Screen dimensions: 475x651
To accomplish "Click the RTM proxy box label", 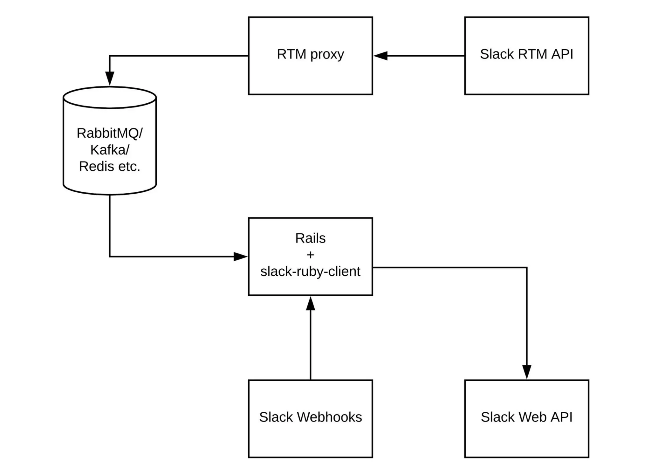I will (x=310, y=54).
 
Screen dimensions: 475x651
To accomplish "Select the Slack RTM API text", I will (x=526, y=54).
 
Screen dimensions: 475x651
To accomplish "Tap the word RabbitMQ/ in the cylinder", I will (x=110, y=133).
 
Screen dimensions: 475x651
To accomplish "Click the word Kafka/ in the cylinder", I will (x=110, y=150).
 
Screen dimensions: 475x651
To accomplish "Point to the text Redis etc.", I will (x=110, y=167).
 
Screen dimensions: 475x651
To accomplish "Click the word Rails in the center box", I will (x=310, y=238).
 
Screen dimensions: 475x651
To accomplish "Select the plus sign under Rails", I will (x=310, y=255).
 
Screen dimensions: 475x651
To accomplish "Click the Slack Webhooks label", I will (x=310, y=417).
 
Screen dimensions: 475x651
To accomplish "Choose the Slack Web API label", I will (x=526, y=417).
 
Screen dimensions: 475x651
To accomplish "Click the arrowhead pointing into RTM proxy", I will (x=381, y=56).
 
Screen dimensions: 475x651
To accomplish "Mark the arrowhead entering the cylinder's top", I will (x=110, y=79).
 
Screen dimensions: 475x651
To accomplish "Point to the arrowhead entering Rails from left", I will (x=240, y=256).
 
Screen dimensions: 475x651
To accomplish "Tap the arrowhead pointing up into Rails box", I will (x=310, y=304).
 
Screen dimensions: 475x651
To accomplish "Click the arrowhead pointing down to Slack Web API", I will (x=527, y=372).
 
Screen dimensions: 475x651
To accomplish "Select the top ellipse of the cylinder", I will (x=110, y=97).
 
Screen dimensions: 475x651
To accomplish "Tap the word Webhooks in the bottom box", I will (x=329, y=417).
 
